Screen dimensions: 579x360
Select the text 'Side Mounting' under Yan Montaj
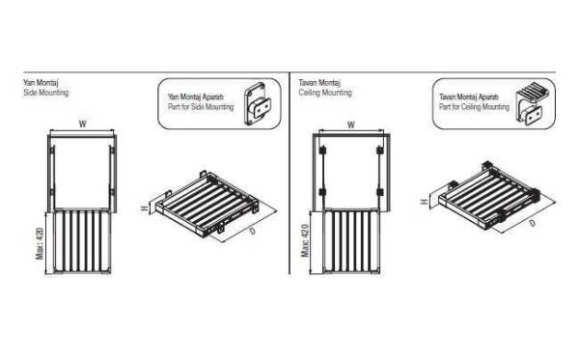(45, 93)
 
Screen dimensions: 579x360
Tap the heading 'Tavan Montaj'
(319, 82)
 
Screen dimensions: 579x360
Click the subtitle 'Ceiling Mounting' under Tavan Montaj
(325, 93)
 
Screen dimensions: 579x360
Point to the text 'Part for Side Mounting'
(201, 107)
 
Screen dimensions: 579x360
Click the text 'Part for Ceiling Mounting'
(474, 107)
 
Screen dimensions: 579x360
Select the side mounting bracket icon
(257, 104)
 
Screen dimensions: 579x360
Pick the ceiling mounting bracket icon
(529, 103)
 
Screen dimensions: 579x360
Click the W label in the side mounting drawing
(82, 124)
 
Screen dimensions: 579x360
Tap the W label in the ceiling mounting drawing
(351, 125)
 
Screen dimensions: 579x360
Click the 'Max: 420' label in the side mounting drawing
(40, 243)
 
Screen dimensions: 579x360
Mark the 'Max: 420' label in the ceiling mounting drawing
(305, 240)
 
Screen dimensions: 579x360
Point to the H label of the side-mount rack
(145, 208)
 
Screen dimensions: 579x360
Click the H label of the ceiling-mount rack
(425, 202)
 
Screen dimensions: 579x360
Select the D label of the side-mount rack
(252, 231)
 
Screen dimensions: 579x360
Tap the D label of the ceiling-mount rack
(532, 223)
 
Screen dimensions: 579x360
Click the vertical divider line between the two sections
(289, 173)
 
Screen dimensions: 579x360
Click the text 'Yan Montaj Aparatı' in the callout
(196, 97)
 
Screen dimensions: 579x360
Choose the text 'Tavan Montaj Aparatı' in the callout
(469, 97)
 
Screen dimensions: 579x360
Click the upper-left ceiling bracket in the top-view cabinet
(322, 151)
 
